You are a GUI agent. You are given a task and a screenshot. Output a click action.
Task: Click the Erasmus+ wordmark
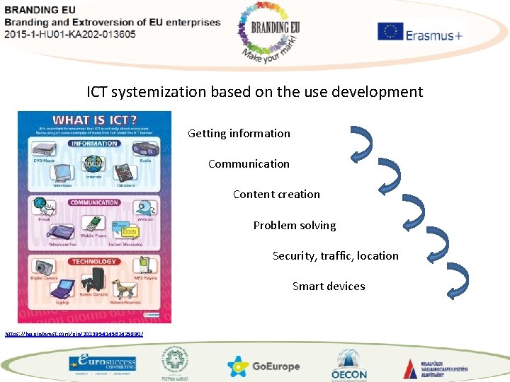click(x=433, y=34)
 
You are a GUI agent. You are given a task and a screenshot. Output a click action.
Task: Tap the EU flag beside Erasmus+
click(x=390, y=33)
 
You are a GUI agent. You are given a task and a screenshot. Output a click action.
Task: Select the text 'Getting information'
click(x=239, y=133)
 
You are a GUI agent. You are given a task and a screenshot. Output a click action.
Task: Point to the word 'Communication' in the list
click(x=249, y=163)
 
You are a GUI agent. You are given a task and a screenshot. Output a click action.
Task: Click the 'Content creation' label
click(x=276, y=194)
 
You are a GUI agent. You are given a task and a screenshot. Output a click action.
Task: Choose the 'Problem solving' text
click(x=295, y=225)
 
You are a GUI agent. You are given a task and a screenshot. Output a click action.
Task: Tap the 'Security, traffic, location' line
click(x=335, y=255)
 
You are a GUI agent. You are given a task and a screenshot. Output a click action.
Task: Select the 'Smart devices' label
click(x=329, y=286)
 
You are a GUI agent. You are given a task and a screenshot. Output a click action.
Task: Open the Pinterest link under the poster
click(x=74, y=332)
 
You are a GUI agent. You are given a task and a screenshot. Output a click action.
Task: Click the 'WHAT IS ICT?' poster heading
click(x=94, y=120)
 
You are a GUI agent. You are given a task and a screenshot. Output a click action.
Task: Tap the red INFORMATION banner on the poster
click(x=94, y=144)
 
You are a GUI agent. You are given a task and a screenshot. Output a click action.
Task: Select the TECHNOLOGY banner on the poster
click(x=94, y=262)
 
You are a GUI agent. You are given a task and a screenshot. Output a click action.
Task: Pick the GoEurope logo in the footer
click(x=263, y=366)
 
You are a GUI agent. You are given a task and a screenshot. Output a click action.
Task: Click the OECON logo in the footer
click(x=349, y=366)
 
